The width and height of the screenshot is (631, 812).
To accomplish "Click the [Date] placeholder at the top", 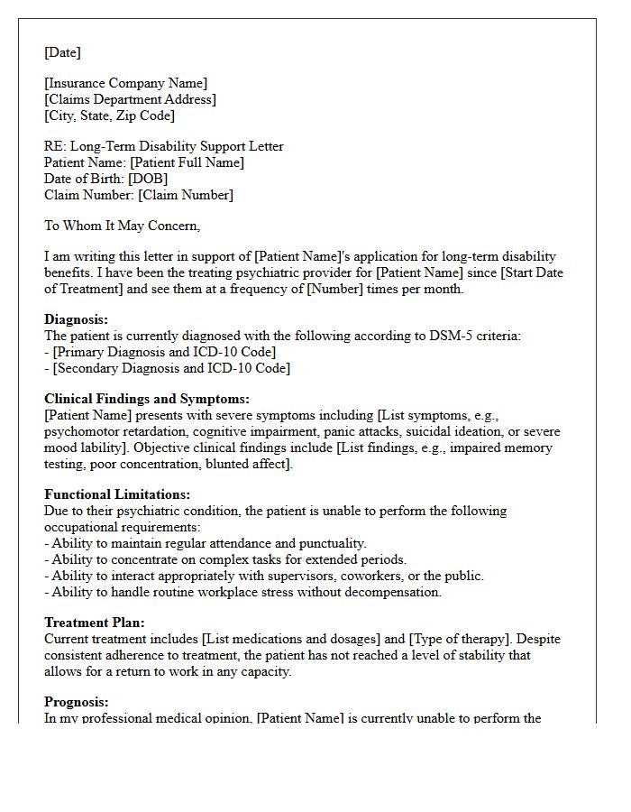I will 62,52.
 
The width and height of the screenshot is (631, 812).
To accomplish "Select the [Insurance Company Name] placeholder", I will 125,84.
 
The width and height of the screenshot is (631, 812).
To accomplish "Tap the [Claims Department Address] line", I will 130,99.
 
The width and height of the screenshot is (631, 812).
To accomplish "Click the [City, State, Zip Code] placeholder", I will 109,115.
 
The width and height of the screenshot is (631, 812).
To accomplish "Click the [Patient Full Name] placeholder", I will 187,162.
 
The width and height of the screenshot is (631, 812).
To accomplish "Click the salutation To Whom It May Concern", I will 122,226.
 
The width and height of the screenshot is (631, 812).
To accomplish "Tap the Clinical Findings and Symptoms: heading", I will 146,399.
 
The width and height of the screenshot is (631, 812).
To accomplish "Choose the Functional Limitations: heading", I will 117,494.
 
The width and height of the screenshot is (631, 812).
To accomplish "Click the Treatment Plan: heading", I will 94,623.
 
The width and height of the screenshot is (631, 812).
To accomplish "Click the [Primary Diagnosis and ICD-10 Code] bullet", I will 163,352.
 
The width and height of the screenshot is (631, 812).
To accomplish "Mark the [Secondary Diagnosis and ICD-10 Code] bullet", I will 170,368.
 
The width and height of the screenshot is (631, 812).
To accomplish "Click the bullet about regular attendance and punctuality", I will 208,543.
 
